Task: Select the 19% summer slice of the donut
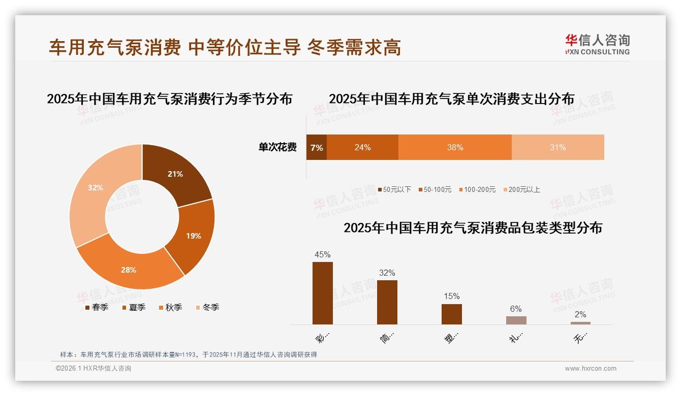[193, 236]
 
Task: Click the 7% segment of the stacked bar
[317, 148]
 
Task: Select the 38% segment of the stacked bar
[455, 148]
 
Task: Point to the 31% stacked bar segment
[558, 148]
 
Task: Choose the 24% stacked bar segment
[362, 148]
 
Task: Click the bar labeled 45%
[323, 293]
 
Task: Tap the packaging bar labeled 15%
[452, 314]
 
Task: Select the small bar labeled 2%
[580, 323]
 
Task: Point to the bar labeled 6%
[516, 320]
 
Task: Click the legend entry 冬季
[207, 307]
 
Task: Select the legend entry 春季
[96, 307]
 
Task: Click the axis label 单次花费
[277, 148]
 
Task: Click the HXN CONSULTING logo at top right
[597, 44]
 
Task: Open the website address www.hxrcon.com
[591, 369]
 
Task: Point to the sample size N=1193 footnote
[189, 354]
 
